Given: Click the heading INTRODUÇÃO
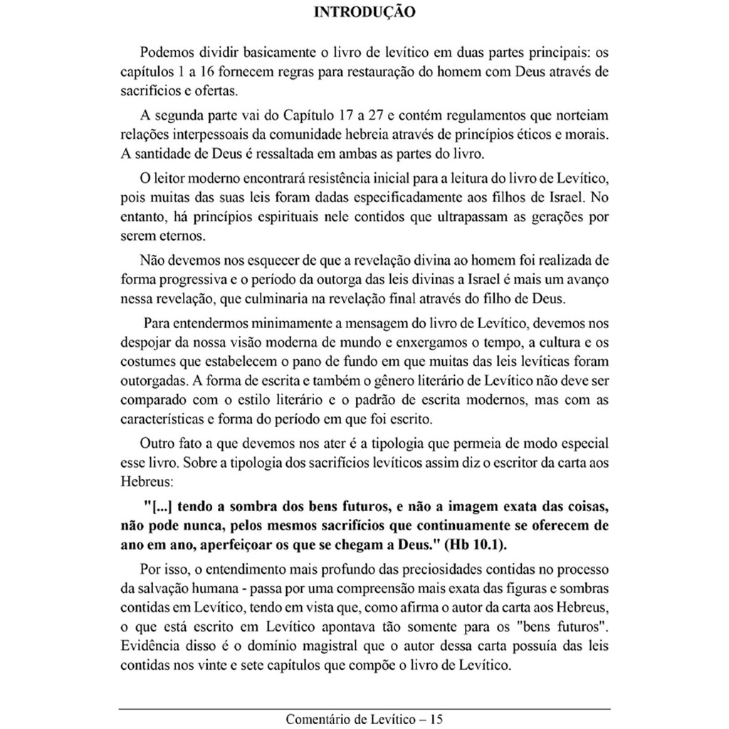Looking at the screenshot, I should [x=364, y=12].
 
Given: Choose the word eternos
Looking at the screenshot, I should [x=166, y=235].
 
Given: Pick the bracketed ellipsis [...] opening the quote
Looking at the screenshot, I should [x=162, y=507].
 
